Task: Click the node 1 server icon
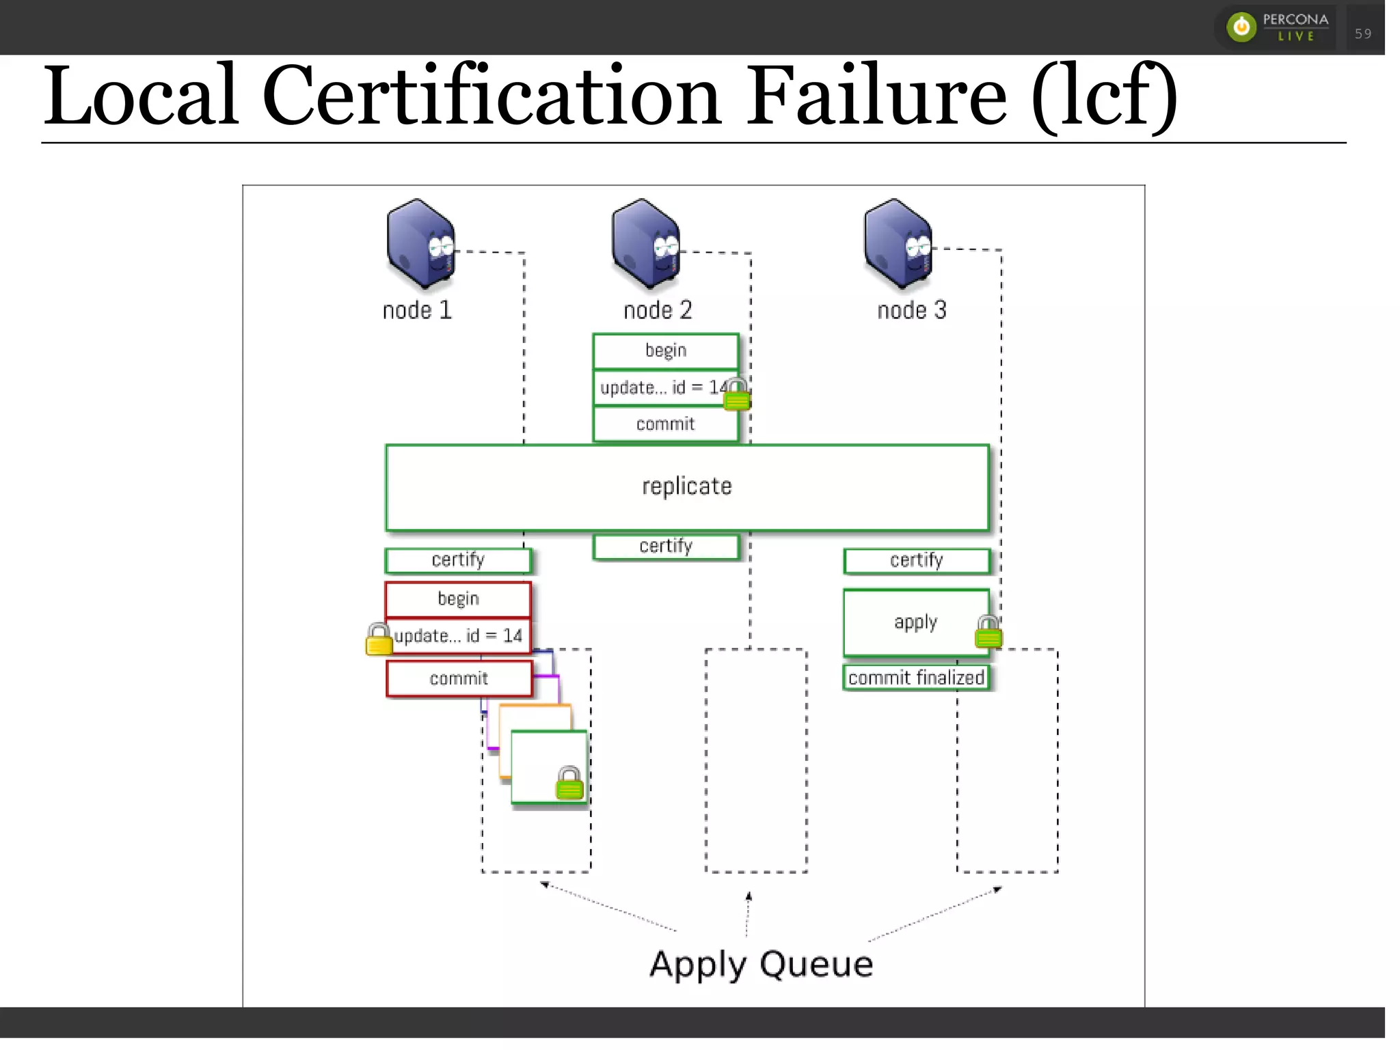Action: (x=420, y=243)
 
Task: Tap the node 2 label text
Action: (x=657, y=311)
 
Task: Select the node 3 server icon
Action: (x=897, y=243)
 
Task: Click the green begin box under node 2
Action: (x=665, y=351)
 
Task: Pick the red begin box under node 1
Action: (x=458, y=599)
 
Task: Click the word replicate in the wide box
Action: (x=686, y=486)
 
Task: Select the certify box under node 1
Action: (x=458, y=560)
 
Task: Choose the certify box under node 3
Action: (x=916, y=561)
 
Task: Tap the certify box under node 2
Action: (x=666, y=547)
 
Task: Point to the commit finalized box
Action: (x=915, y=678)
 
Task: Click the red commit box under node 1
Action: (x=459, y=678)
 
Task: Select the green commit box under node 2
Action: (x=665, y=424)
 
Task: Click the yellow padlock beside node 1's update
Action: (x=379, y=639)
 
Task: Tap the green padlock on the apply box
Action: (x=988, y=632)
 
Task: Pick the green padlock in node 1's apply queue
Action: (x=569, y=784)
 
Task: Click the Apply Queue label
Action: (x=761, y=965)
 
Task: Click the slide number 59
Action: (x=1362, y=33)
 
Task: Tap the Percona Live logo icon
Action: (x=1241, y=27)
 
